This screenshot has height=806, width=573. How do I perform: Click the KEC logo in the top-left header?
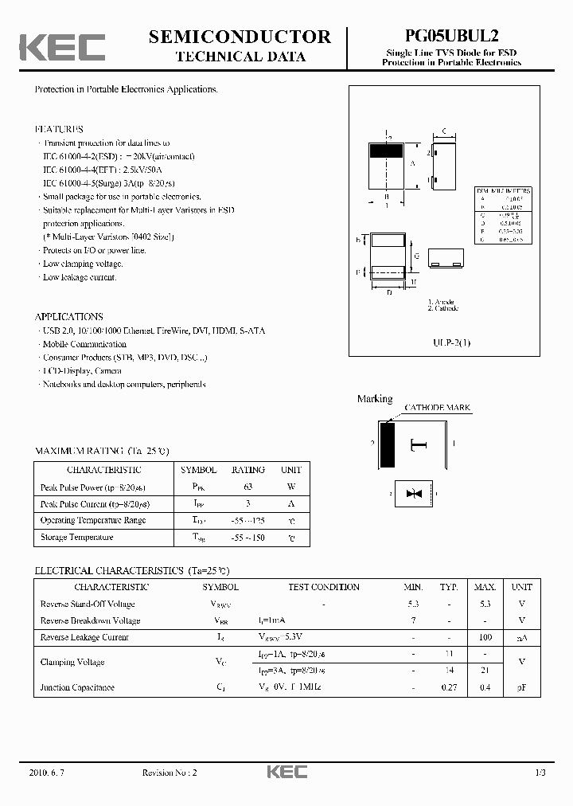[62, 47]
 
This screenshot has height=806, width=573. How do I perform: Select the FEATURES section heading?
[59, 129]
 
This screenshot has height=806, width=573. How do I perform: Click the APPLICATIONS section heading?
[69, 316]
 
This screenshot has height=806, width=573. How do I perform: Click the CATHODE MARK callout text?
[438, 408]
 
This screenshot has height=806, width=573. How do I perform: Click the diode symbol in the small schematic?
[413, 495]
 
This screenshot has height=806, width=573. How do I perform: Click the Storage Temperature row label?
[76, 538]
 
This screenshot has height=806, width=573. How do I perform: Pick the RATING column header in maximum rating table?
[248, 470]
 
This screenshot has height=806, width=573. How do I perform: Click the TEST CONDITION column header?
[324, 587]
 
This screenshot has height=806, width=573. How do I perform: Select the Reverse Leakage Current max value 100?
[485, 637]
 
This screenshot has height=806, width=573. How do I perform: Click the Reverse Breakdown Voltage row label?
[90, 620]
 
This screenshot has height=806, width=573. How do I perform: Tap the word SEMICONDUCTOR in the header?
[240, 37]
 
